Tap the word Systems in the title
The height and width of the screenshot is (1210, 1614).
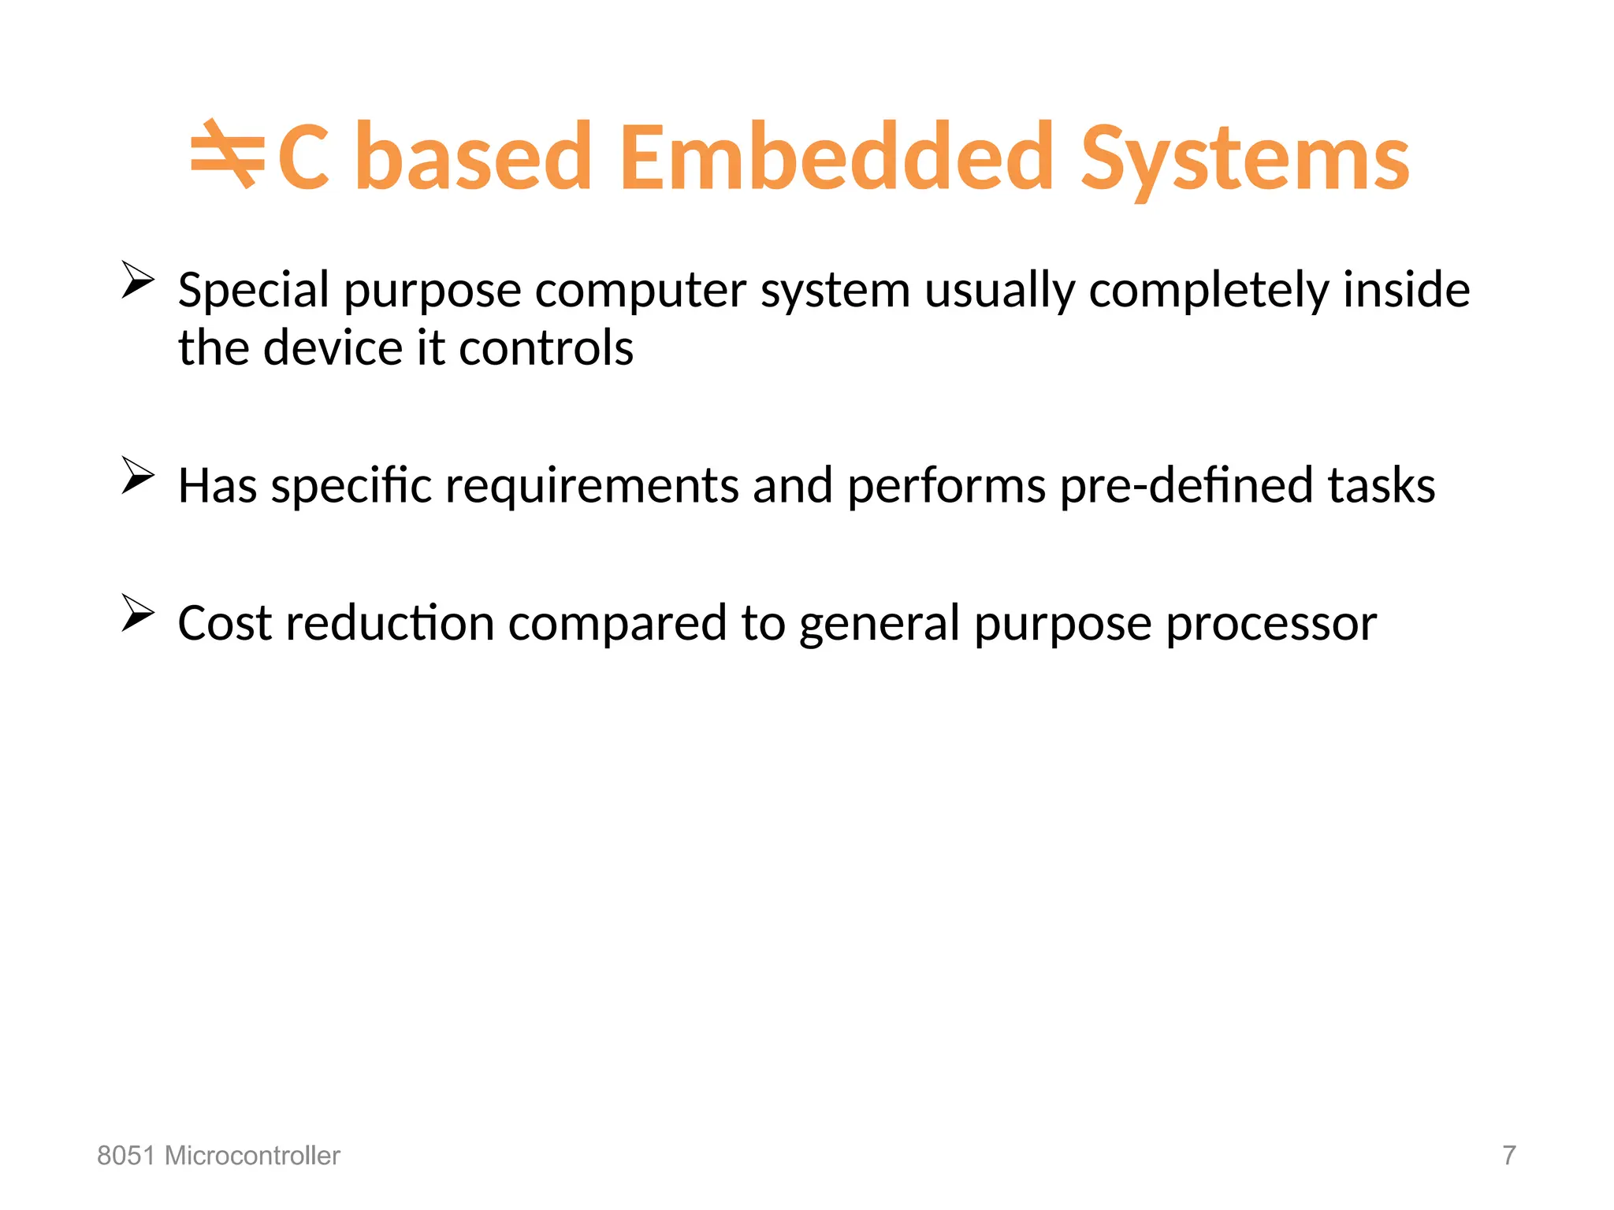[1244, 161]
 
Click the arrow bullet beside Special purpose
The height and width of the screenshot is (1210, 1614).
[138, 280]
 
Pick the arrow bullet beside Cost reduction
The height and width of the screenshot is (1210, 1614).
[138, 613]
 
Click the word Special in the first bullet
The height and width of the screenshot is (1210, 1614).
[254, 291]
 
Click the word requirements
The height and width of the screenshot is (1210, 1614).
[592, 486]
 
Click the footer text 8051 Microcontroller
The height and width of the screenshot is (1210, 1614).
[218, 1156]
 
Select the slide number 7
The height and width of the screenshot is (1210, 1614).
[1508, 1156]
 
